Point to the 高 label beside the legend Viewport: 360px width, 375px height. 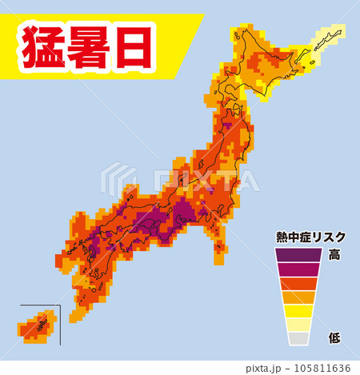(x=334, y=254)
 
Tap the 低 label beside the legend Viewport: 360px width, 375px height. (x=334, y=338)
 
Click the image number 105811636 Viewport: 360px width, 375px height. (x=325, y=368)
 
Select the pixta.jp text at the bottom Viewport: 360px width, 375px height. (x=267, y=368)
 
